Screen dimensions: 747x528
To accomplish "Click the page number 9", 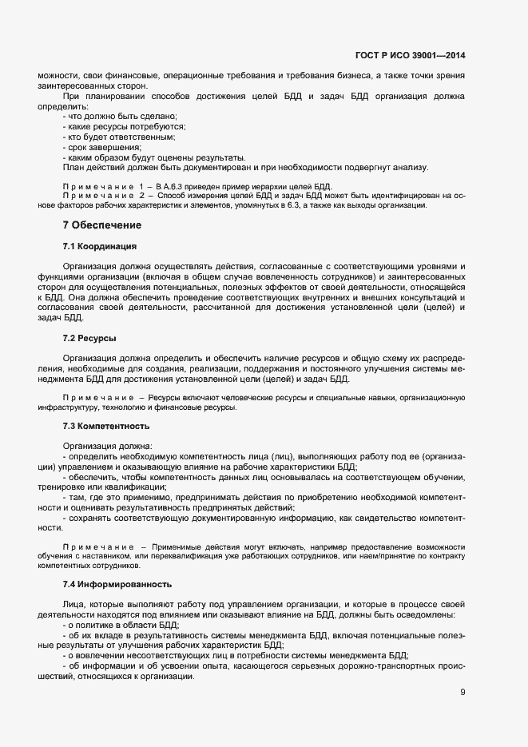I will click(462, 692).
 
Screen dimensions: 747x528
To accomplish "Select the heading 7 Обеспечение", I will click(102, 225).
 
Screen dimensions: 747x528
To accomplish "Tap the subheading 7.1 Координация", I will click(100, 245).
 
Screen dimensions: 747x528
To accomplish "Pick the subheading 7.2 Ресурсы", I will click(89, 339).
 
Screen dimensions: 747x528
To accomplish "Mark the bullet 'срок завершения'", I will click(103, 148).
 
